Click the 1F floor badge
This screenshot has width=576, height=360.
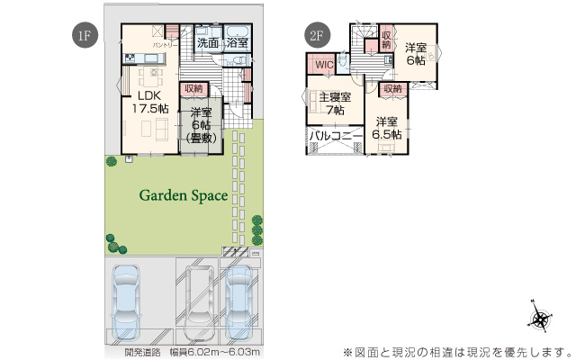coord(83,37)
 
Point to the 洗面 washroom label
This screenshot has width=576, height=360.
coord(208,42)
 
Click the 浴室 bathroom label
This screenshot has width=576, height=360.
coord(238,42)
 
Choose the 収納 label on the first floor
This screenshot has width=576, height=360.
coord(193,88)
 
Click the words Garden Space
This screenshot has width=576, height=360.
coord(183,195)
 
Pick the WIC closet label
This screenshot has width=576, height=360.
coord(322,65)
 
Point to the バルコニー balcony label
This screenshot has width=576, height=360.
coord(335,137)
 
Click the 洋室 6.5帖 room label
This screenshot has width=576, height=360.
coord(387,128)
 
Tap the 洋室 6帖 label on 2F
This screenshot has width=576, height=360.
coord(414,53)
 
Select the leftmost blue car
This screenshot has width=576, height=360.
coord(126,301)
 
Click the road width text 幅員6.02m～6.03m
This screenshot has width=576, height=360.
coord(218,352)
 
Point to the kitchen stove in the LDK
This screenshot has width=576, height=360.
coord(129,59)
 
